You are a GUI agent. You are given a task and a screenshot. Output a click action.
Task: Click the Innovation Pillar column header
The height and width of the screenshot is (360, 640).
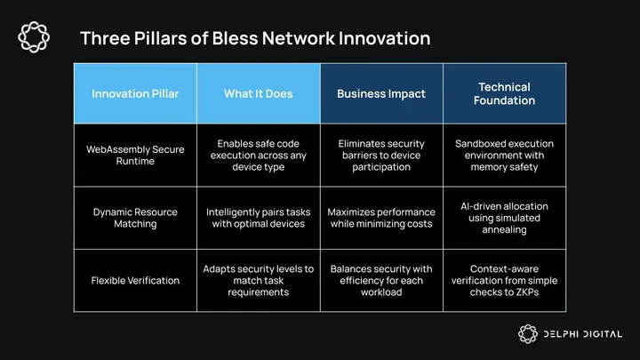pos(135,93)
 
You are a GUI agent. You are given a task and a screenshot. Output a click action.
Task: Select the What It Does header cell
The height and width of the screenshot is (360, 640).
pos(258,93)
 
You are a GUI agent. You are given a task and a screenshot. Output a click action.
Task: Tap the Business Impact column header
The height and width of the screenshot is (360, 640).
pos(380,93)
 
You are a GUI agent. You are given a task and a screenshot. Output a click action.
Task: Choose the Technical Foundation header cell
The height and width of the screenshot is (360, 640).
pos(504,93)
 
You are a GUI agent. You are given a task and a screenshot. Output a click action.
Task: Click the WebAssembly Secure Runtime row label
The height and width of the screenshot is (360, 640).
pos(135,156)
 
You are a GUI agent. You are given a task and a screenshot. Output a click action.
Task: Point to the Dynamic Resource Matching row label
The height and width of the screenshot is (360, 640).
pos(135,218)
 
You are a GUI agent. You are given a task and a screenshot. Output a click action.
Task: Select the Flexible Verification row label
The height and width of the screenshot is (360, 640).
pos(135,281)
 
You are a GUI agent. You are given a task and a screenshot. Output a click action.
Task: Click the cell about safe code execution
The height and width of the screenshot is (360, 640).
pos(258,156)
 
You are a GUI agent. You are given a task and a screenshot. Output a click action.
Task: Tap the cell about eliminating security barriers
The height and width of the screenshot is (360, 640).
pos(380,156)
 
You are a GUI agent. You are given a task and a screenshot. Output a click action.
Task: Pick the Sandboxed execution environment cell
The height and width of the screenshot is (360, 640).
pos(504,156)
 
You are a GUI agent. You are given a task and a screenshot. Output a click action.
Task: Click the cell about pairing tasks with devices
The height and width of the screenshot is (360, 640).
pos(258,218)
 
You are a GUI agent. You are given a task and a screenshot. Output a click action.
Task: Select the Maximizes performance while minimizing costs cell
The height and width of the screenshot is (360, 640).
pos(380,218)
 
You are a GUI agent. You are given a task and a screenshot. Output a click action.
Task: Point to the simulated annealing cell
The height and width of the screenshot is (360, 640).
pos(504,218)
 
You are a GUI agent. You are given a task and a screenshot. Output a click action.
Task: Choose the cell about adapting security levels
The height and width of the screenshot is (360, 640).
pos(258,281)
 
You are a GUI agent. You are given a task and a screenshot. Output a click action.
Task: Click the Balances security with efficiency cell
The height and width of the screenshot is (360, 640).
pos(380,281)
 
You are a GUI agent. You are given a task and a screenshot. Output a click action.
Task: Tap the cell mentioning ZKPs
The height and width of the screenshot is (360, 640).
pos(504,281)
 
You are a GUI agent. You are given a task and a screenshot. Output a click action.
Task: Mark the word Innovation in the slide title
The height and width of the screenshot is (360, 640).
pos(376,38)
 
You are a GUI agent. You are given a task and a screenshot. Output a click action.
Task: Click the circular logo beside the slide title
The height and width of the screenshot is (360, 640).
pos(34,36)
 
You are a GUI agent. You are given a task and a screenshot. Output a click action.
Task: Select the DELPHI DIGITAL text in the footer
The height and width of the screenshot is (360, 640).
pos(582,334)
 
